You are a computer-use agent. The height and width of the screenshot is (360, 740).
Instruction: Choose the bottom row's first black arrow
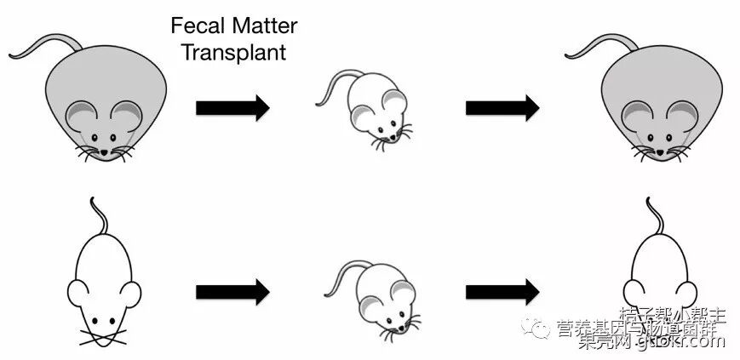[x=232, y=292]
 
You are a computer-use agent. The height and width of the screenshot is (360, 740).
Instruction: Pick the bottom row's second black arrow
[x=502, y=292]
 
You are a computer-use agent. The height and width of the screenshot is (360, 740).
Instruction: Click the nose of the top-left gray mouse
[x=105, y=152]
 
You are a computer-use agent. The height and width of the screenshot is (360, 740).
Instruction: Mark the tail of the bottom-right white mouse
[x=653, y=213]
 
